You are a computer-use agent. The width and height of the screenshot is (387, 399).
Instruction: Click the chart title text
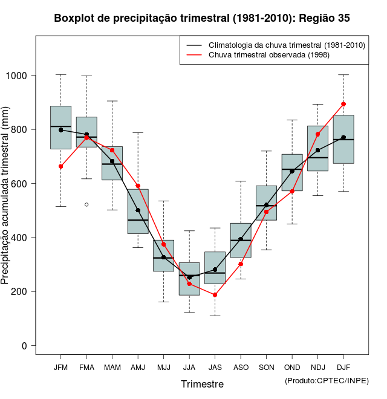[x=202, y=18]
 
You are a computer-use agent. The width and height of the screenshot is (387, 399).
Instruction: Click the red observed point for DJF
[x=343, y=104]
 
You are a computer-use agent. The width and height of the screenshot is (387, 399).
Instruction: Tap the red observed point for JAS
[x=215, y=294]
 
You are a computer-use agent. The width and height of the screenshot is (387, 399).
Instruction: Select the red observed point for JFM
[x=60, y=166]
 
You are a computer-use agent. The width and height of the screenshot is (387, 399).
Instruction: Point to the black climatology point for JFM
[x=60, y=130]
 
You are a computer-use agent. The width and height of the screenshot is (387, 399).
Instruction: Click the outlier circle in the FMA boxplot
[x=86, y=204]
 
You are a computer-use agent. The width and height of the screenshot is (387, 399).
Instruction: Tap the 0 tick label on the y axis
[x=24, y=346]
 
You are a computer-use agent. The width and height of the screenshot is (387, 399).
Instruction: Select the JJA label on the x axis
[x=189, y=367]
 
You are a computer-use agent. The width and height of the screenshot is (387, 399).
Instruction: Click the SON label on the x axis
[x=266, y=367]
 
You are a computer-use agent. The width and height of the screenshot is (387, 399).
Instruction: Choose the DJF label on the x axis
[x=343, y=367]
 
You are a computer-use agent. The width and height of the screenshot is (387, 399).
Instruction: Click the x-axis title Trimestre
[x=202, y=384]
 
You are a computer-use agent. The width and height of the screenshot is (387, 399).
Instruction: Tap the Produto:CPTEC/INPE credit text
[x=327, y=380]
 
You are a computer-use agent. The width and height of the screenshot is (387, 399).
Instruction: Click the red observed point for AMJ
[x=138, y=186]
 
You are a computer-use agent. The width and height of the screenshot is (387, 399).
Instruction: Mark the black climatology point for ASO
[x=241, y=239]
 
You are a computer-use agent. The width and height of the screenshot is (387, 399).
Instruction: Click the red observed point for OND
[x=292, y=191]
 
